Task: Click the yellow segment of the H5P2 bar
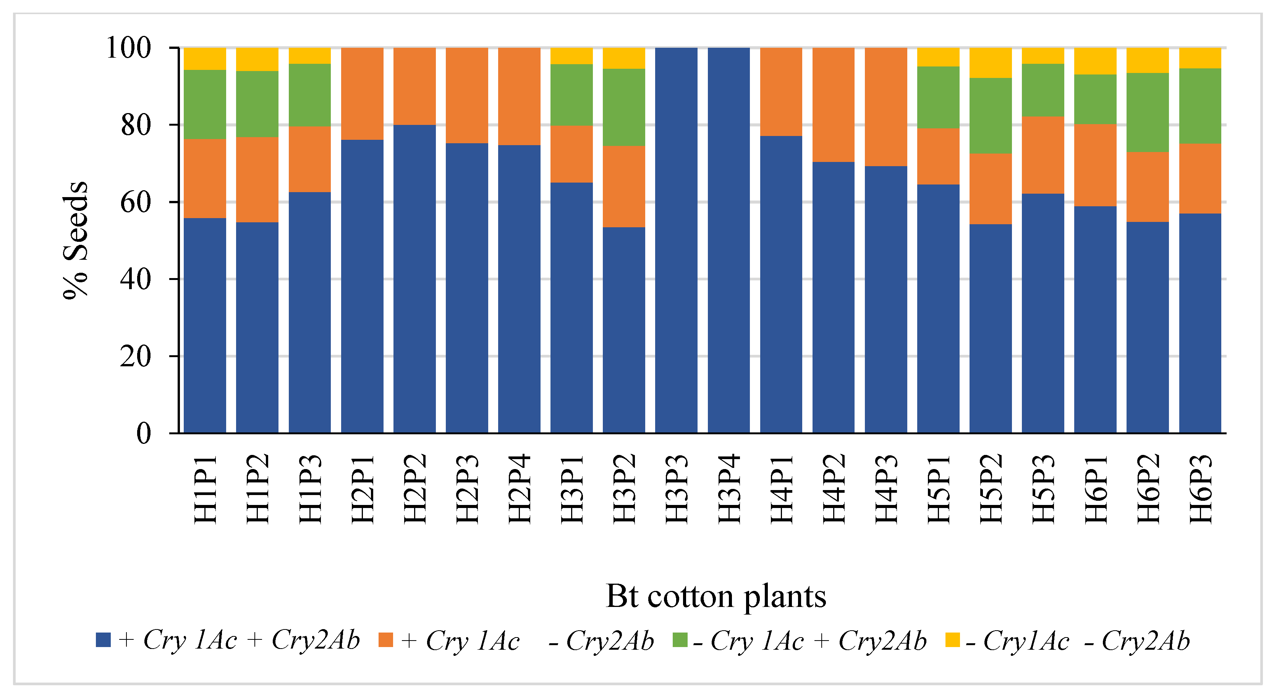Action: (990, 63)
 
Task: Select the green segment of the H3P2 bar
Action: (624, 107)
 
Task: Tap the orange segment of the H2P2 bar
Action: (414, 86)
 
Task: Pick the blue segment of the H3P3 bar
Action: (676, 240)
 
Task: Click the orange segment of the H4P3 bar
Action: (886, 107)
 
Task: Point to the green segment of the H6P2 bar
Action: (1148, 112)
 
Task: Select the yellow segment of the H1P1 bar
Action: (205, 59)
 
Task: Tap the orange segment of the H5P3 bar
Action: (1043, 155)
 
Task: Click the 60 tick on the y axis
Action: (135, 202)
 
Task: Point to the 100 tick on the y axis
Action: (128, 48)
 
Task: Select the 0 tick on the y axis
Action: (143, 434)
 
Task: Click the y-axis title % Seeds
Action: (76, 240)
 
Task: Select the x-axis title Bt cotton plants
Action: (716, 596)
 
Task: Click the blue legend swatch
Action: (103, 640)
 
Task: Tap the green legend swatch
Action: (680, 640)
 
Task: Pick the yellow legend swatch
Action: (952, 640)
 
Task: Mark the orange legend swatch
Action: (385, 640)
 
